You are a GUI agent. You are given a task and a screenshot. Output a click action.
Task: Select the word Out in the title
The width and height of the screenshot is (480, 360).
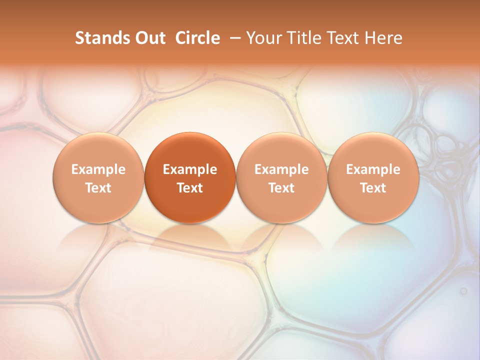click(x=149, y=38)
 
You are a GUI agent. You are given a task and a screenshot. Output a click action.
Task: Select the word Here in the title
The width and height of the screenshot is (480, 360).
click(x=383, y=38)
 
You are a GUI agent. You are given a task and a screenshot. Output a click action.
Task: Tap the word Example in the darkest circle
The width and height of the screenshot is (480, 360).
click(x=190, y=169)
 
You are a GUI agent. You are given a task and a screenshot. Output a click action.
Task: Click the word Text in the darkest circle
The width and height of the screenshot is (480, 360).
click(x=190, y=188)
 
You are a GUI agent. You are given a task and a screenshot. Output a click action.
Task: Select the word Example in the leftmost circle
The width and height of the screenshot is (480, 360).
click(x=98, y=169)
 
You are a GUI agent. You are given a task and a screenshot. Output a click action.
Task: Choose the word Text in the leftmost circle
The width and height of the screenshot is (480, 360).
click(x=98, y=188)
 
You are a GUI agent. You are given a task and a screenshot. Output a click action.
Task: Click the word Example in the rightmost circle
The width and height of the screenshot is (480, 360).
click(x=373, y=169)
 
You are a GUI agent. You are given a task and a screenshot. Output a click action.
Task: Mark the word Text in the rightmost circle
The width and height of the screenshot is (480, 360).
click(x=373, y=188)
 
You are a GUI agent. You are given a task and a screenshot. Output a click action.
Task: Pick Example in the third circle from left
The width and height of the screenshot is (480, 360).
click(x=281, y=169)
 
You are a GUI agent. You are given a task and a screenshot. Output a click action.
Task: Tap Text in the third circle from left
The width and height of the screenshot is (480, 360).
click(x=281, y=188)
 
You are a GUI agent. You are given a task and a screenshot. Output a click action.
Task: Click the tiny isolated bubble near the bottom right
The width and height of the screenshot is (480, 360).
click(x=463, y=290)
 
